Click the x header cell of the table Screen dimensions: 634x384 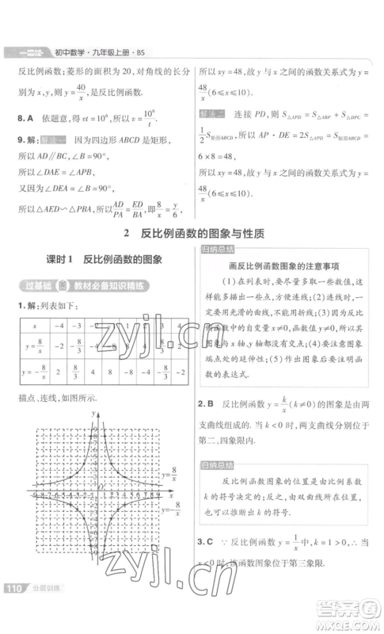click(x=34, y=326)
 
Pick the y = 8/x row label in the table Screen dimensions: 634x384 click(x=34, y=346)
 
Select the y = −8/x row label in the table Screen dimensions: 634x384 click(x=34, y=371)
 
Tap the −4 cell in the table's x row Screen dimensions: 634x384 click(x=59, y=326)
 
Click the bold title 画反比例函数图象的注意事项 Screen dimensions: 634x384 click(x=283, y=267)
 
